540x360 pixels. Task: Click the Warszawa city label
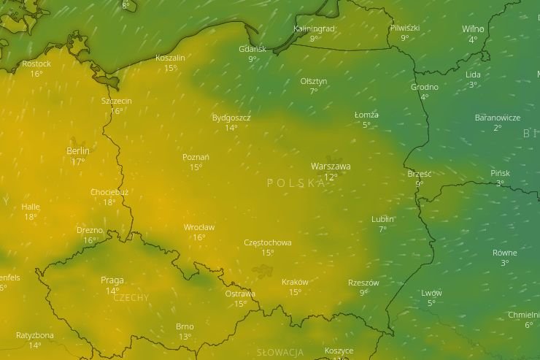point(330,166)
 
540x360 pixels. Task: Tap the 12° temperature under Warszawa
point(331,177)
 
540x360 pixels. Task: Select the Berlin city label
point(78,151)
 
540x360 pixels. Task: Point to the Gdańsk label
point(252,49)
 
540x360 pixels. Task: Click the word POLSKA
point(296,183)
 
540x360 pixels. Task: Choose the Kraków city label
point(295,282)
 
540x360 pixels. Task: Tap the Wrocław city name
point(199,227)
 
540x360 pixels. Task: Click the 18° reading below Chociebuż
point(109,203)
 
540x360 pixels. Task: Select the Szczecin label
point(117,101)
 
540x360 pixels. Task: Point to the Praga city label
point(112,280)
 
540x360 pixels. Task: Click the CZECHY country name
point(131,298)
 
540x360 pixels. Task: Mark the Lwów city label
point(431,293)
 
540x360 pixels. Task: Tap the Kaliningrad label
point(314,28)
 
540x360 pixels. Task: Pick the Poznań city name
point(196,157)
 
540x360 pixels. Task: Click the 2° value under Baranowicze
point(498,128)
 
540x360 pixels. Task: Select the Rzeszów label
point(363,283)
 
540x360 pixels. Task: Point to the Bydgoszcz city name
point(231,117)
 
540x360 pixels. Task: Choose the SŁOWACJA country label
point(280,353)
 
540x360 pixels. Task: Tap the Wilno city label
point(473,29)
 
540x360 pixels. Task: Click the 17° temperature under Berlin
point(78,162)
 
